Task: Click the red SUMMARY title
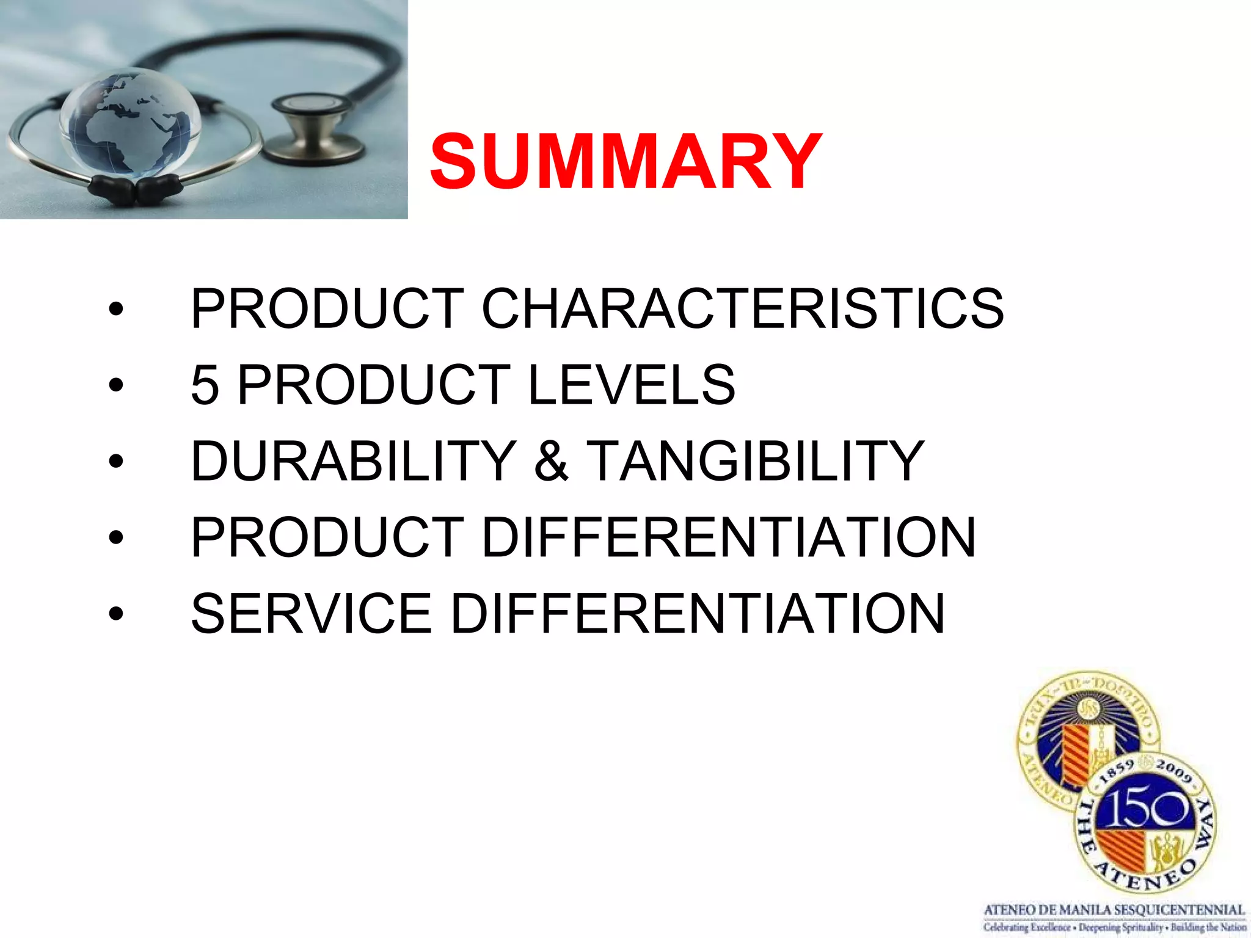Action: coord(625,162)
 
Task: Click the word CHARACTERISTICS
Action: coord(742,309)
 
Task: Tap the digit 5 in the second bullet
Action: coord(205,385)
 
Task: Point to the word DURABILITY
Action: coord(354,462)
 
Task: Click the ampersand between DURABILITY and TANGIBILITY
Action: coord(551,462)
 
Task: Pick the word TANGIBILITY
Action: coord(755,462)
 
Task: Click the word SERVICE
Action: coord(312,614)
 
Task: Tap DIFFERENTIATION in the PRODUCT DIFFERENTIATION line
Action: coord(728,538)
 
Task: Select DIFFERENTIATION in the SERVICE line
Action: coord(697,614)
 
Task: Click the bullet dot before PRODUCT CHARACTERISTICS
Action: coord(115,310)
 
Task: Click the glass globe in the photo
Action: coord(131,122)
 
